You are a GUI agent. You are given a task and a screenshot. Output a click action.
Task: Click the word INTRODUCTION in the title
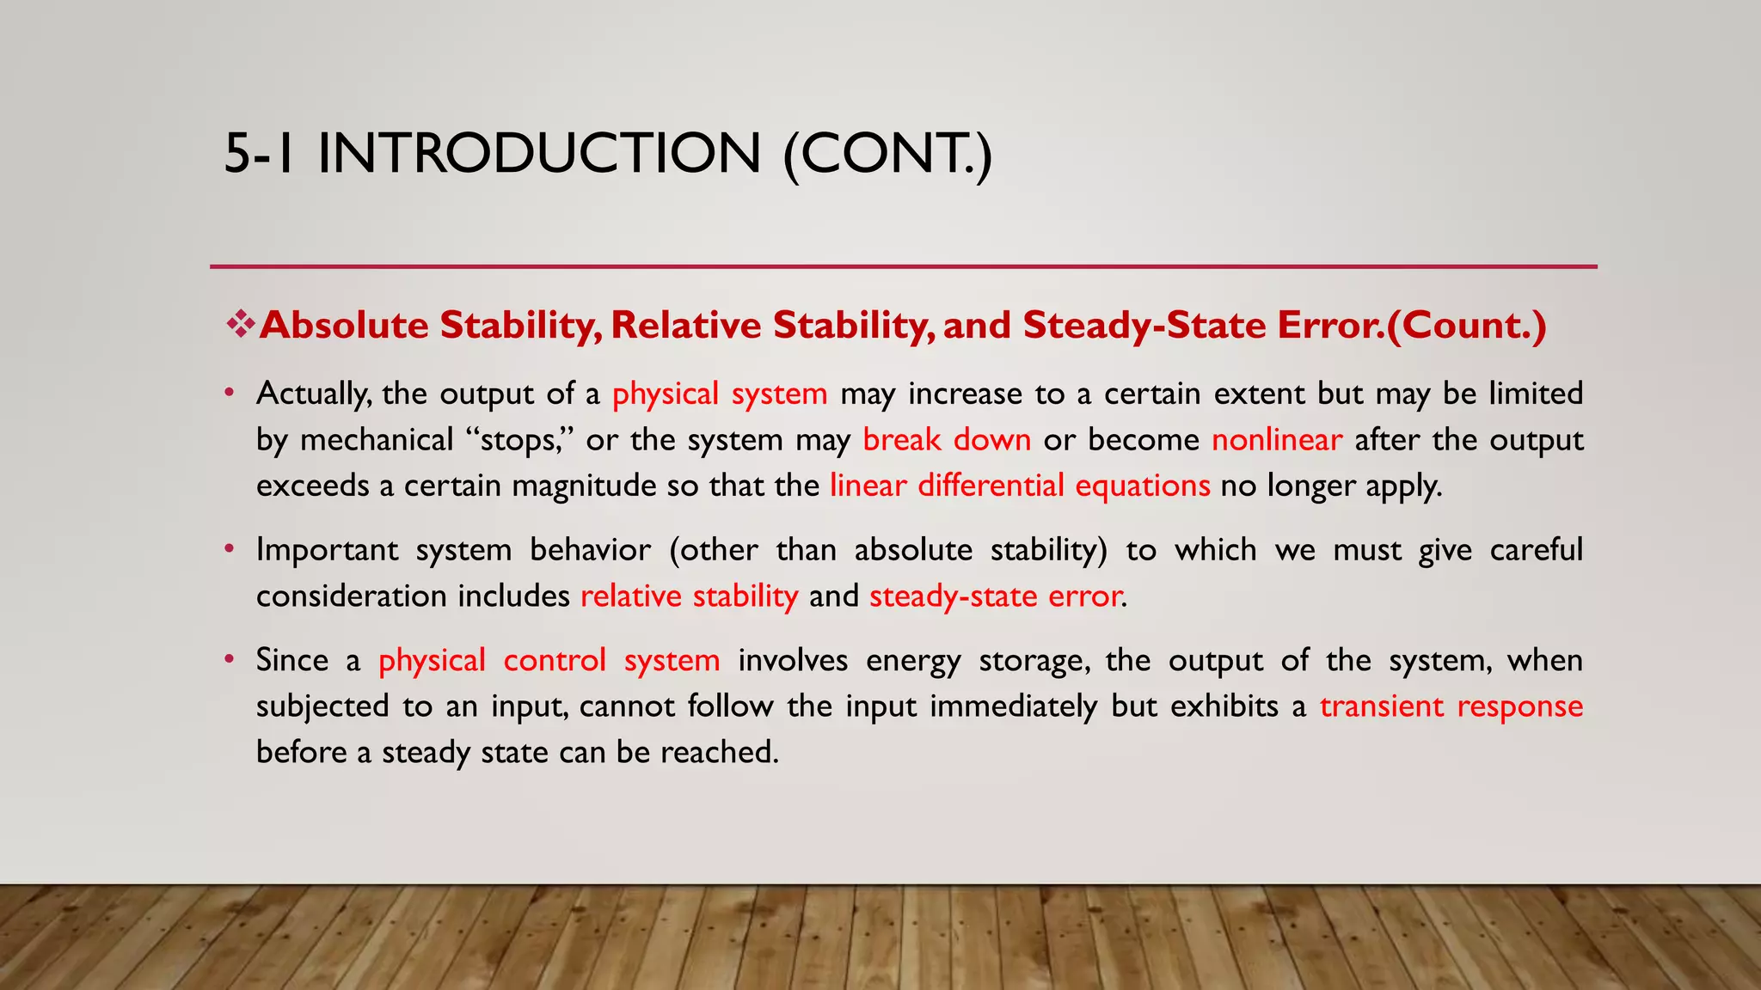point(539,154)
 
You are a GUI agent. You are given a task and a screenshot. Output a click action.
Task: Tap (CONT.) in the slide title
point(887,154)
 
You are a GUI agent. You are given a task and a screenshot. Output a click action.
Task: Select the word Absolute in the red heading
point(344,326)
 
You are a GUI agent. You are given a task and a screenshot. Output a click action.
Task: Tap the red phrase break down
point(946,440)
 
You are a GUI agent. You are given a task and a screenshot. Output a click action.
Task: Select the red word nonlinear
point(1276,440)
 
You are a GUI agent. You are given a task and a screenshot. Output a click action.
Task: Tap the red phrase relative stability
point(689,596)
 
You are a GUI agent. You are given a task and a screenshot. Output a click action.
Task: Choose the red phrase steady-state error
point(995,596)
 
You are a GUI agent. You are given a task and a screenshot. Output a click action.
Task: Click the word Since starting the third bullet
point(291,660)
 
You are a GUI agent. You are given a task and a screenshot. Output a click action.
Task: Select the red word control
point(554,660)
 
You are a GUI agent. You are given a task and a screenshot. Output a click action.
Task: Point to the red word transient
point(1381,706)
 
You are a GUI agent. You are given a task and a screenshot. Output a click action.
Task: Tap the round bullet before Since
point(229,659)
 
